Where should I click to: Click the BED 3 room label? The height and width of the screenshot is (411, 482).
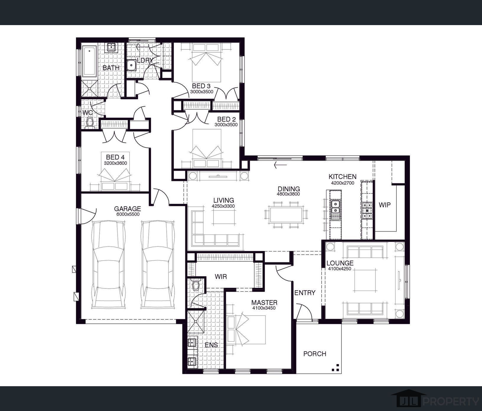[x=201, y=86]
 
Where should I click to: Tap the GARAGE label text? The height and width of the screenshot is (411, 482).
[x=128, y=209]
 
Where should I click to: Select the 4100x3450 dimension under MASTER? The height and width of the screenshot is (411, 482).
[x=264, y=308]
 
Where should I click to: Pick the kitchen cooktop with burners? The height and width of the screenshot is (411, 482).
[x=367, y=210]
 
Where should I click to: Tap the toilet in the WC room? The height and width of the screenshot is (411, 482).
[x=89, y=123]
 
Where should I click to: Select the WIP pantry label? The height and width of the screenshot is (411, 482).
[x=385, y=205]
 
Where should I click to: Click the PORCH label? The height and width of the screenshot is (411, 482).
[x=315, y=354]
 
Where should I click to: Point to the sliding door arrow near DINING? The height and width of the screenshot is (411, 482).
[x=280, y=165]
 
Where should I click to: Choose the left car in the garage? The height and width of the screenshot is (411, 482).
[x=108, y=265]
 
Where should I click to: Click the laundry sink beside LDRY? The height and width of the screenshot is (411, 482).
[x=131, y=65]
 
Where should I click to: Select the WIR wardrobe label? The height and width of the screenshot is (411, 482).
[x=221, y=277]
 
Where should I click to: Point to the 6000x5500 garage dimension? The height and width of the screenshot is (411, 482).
[x=128, y=214]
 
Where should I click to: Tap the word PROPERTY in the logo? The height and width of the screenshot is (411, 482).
[x=452, y=401]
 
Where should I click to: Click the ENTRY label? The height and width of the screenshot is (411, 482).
[x=305, y=293]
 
